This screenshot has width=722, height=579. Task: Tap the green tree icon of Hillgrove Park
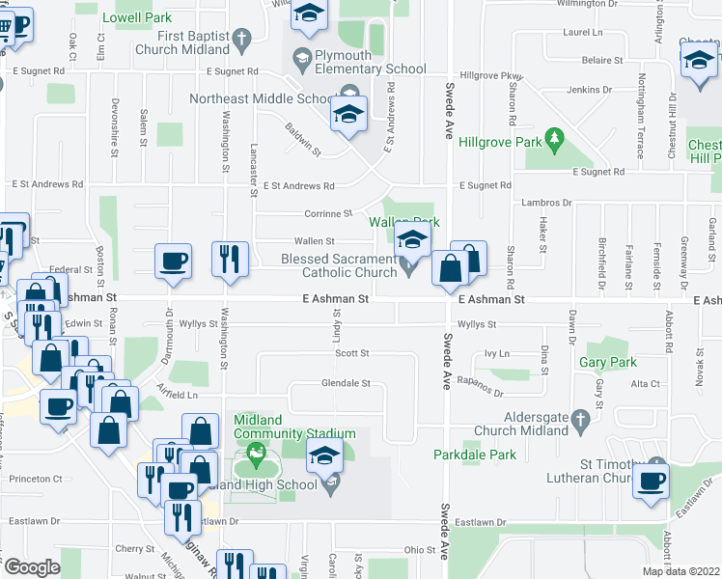pyautogui.click(x=554, y=140)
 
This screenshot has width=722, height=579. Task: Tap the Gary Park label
pyautogui.click(x=608, y=363)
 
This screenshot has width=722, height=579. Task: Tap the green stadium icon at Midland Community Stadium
pyautogui.click(x=256, y=451)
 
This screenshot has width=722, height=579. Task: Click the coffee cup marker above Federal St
pyautogui.click(x=174, y=261)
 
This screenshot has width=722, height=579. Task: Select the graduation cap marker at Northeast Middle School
pyautogui.click(x=347, y=114)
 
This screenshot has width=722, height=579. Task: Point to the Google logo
pyautogui.click(x=32, y=567)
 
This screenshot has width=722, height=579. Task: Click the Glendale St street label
pyautogui.click(x=346, y=383)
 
